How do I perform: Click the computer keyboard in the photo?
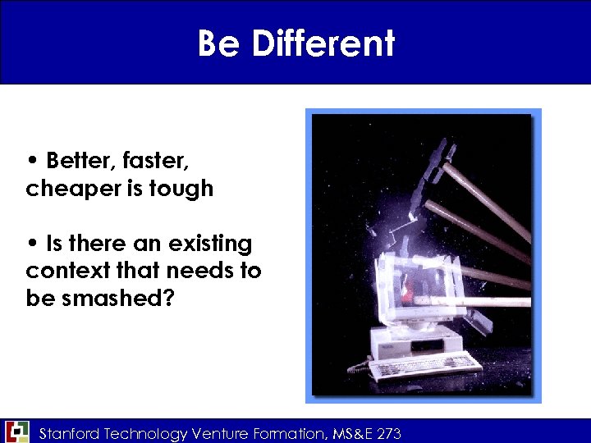(423, 365)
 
